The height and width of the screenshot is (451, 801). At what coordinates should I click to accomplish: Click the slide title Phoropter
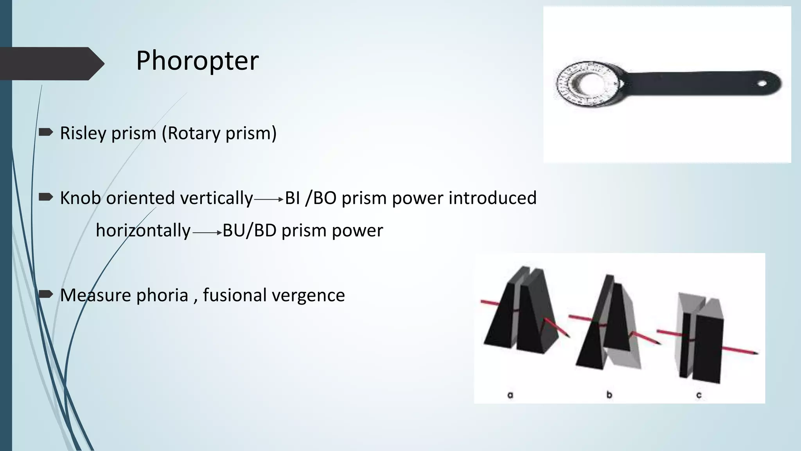coord(197,61)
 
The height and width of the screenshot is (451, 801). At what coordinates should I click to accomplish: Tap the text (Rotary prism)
coord(219,133)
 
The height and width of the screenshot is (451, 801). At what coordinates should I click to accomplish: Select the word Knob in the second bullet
coord(80,198)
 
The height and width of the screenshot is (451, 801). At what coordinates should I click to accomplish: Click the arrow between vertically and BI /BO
coord(269,200)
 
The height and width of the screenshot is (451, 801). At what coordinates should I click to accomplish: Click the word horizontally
coord(143,230)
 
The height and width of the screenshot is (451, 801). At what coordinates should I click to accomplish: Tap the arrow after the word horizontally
coord(207,233)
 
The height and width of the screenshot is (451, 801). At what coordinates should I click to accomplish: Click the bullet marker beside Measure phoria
coord(46,294)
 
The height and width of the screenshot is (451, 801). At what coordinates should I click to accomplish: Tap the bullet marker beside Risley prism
coord(46,132)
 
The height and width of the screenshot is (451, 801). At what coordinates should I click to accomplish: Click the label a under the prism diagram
coord(510,395)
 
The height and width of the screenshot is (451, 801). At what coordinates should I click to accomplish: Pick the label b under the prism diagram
coord(609,395)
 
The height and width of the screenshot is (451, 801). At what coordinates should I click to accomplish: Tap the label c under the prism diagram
coord(699,395)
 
